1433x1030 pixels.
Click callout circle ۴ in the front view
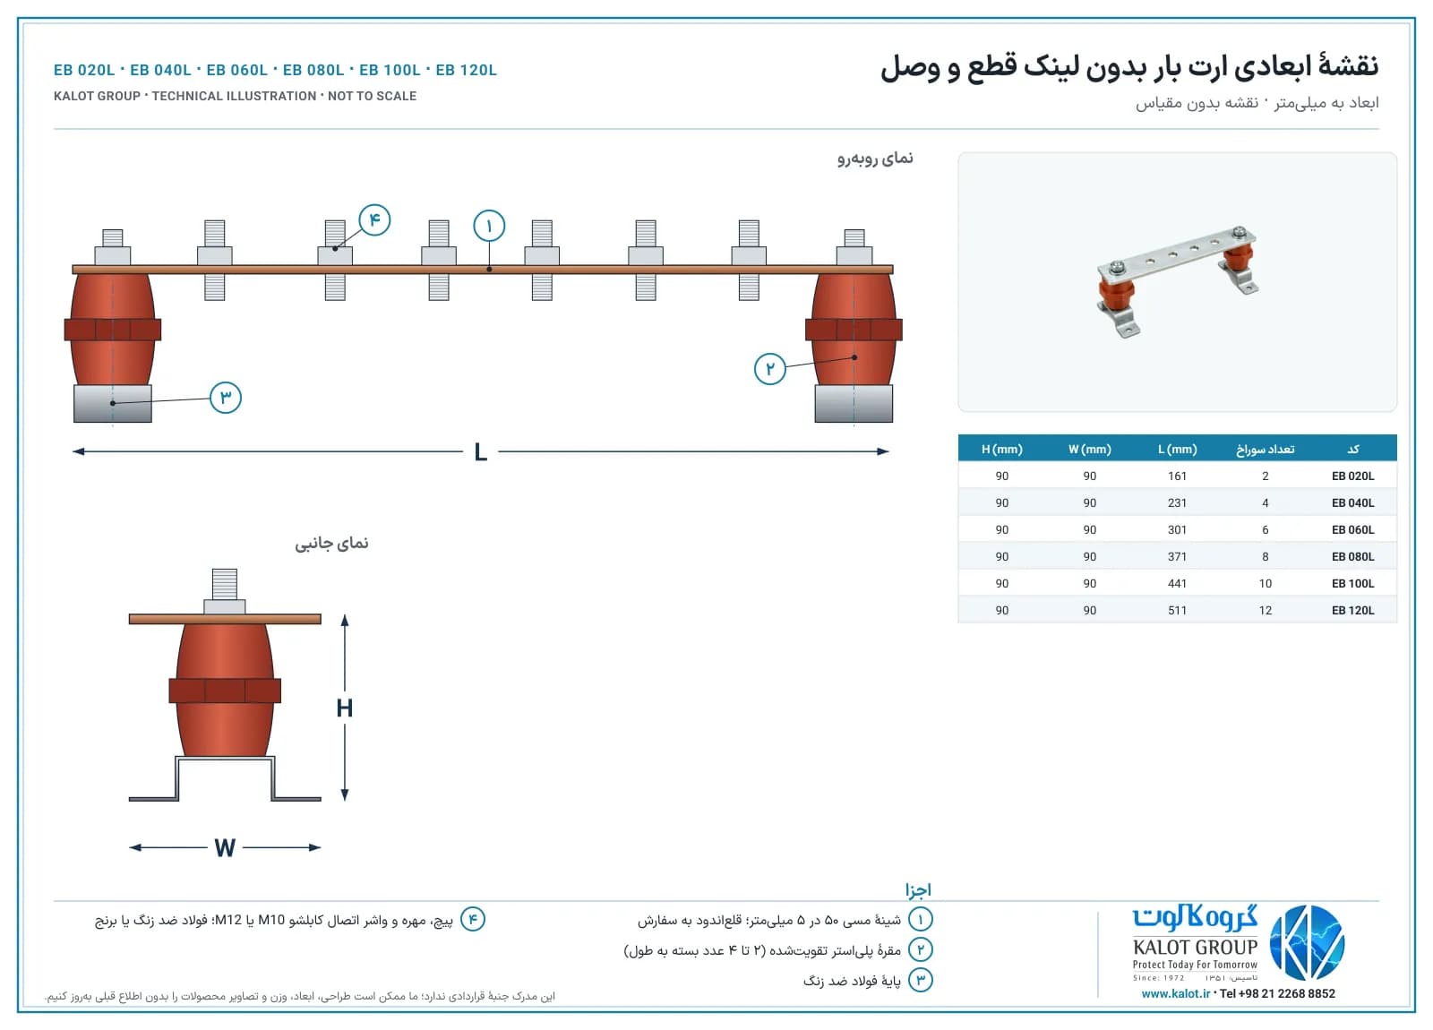[374, 220]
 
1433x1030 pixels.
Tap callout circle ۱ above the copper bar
[489, 226]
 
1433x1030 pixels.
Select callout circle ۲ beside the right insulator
[770, 368]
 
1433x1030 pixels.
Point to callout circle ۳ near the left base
[226, 398]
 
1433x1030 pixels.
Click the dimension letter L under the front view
[481, 452]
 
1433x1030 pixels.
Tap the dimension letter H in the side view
[345, 708]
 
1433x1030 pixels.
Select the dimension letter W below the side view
[225, 848]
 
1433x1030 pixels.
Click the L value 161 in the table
[1177, 476]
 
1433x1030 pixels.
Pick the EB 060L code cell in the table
[1353, 529]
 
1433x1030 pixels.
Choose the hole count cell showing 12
[1266, 610]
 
